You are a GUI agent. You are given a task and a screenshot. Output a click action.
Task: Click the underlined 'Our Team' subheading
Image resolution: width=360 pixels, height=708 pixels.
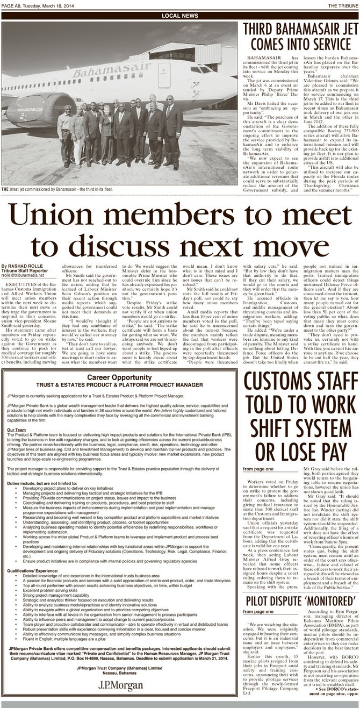point(18,416)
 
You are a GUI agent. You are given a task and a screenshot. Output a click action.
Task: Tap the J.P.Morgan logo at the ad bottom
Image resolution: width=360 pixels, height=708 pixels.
point(120,685)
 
